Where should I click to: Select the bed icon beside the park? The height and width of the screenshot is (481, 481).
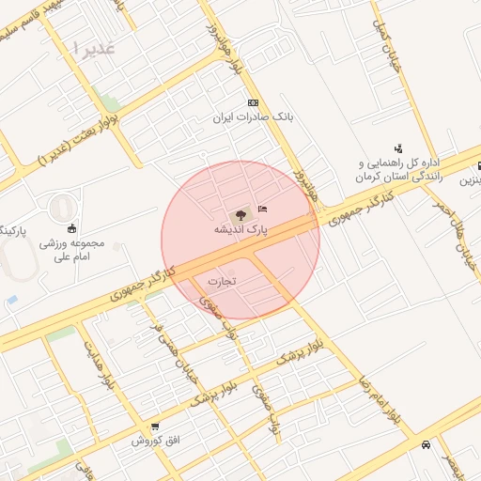(x=262, y=208)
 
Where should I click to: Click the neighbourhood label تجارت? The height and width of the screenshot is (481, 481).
(x=223, y=280)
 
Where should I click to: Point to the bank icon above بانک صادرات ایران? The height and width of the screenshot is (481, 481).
(x=252, y=102)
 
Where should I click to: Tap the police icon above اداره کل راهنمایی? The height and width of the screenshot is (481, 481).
(x=398, y=147)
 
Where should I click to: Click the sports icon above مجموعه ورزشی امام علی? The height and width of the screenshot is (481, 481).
(x=72, y=227)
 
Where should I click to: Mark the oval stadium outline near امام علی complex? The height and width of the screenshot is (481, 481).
(x=60, y=209)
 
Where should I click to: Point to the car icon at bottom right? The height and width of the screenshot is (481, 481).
(x=427, y=444)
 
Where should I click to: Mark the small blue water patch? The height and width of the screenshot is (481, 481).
(x=10, y=300)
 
